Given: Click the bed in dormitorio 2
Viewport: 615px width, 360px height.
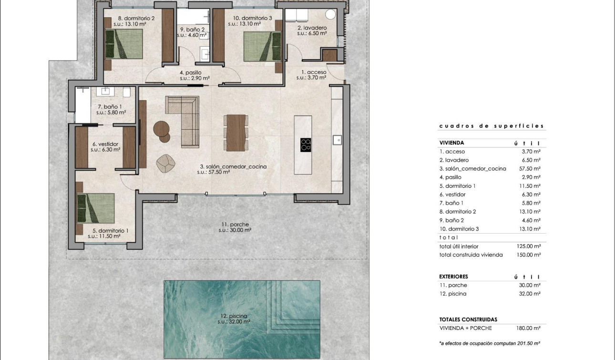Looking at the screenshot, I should (x=123, y=44).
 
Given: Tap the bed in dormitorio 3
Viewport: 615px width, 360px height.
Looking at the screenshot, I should (x=262, y=46).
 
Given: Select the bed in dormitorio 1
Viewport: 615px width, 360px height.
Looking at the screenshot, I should (x=95, y=208).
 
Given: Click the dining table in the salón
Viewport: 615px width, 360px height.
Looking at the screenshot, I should (x=236, y=133).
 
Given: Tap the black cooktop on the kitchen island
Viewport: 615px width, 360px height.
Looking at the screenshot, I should (x=306, y=144).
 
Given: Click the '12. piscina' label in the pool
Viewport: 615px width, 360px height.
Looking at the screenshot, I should (x=234, y=316).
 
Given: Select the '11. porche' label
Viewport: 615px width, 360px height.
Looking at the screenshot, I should (x=235, y=225).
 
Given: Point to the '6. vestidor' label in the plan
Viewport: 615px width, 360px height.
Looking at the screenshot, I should (x=105, y=144).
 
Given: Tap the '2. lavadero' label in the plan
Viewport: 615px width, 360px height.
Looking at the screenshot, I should (x=312, y=28).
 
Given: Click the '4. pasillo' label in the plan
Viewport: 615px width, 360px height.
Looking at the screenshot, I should (x=190, y=73).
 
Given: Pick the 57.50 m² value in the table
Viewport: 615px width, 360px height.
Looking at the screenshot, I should (x=530, y=169).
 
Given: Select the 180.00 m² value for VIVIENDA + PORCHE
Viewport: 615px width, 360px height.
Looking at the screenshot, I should (x=530, y=328).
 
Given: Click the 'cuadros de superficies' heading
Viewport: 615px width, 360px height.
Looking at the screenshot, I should (x=491, y=126).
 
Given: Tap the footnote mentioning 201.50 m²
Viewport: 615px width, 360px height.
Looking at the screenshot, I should (x=489, y=343).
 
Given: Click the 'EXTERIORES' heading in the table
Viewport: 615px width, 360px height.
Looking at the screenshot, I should (x=453, y=277).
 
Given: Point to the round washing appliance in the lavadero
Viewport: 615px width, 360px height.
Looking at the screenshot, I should (x=330, y=14).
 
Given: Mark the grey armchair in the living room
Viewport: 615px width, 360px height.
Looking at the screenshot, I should (x=165, y=163).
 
